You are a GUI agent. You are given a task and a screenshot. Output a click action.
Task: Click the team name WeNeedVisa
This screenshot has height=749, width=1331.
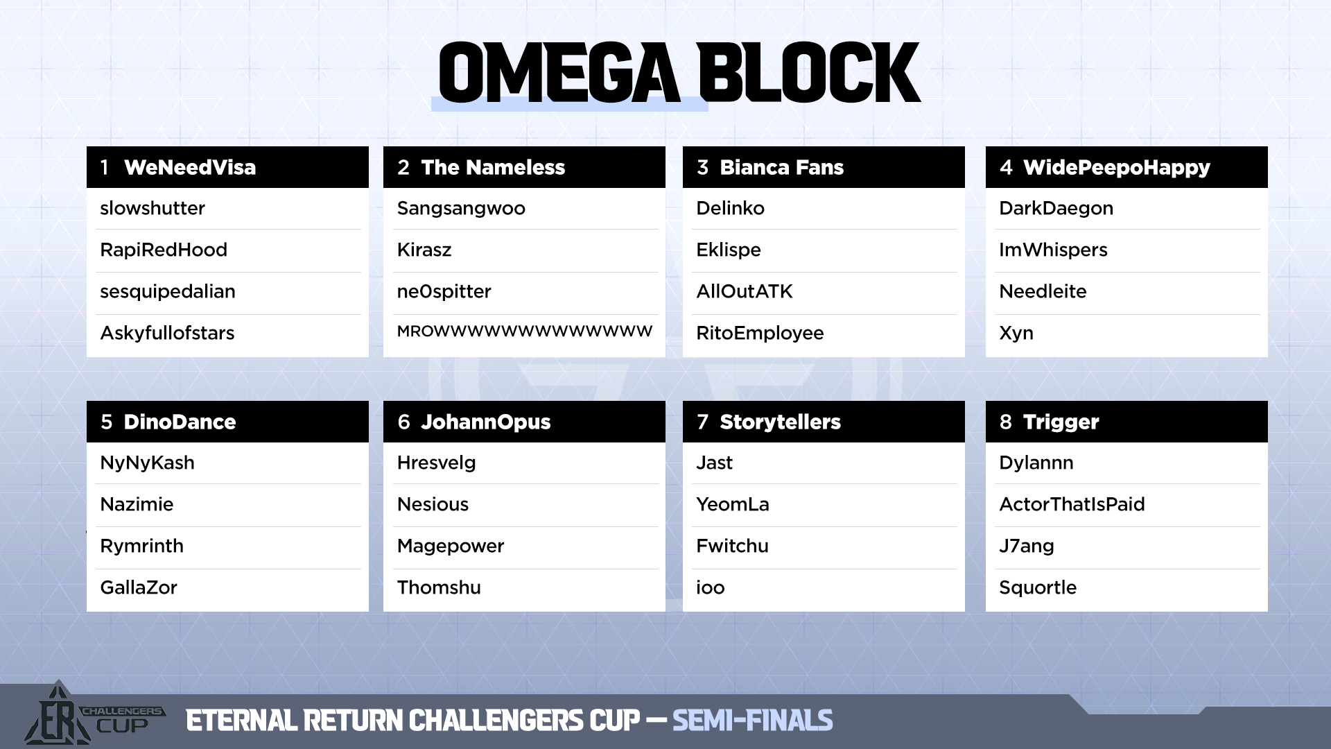190,167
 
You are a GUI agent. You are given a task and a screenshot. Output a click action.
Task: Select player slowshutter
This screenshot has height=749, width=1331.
153,208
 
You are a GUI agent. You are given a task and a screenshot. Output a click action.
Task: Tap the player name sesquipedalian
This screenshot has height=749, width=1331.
168,292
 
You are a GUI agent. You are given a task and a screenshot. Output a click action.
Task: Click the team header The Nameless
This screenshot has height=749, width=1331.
493,167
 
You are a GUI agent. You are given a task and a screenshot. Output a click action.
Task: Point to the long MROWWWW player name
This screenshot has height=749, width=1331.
525,332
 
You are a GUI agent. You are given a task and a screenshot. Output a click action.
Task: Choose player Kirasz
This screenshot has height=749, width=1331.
424,250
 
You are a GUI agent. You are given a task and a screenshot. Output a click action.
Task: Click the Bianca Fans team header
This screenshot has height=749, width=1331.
782,167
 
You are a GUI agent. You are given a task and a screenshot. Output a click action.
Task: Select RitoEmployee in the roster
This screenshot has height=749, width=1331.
760,334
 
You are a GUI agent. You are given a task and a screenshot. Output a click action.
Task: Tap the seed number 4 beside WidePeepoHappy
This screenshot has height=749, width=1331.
1006,167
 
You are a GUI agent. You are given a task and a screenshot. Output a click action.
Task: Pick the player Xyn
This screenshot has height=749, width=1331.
1016,334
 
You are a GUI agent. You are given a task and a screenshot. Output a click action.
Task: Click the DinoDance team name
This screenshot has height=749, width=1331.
180,422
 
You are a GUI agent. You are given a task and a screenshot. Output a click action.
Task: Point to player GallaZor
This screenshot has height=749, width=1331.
139,587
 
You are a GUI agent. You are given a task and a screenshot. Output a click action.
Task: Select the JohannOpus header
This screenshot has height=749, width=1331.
486,422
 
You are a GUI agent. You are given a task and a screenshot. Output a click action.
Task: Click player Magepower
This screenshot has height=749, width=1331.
451,546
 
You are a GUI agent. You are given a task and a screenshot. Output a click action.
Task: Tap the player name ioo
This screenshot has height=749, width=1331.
711,587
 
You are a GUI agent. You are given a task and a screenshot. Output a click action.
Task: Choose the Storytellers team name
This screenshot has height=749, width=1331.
780,422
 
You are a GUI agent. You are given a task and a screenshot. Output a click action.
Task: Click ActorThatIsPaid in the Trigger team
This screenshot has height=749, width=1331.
1072,504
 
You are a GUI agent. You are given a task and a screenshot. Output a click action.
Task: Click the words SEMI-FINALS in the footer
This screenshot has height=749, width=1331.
753,721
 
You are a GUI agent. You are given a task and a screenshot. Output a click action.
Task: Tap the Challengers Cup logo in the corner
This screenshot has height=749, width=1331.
94,714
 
